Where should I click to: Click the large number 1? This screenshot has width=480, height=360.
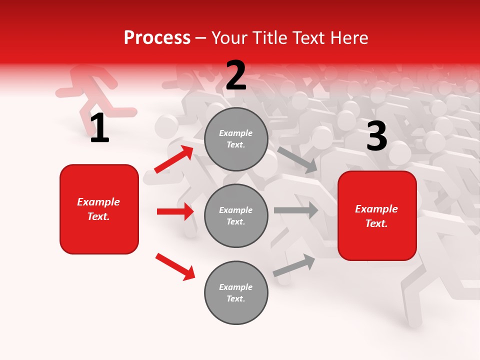(x=99, y=128)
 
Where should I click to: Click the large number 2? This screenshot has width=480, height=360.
(x=236, y=76)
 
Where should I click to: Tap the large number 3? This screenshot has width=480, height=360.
(x=376, y=136)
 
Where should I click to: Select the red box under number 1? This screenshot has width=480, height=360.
(x=99, y=209)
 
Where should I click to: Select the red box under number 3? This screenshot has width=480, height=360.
(x=377, y=215)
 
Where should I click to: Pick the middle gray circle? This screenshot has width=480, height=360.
(x=236, y=215)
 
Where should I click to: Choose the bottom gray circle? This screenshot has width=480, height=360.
(x=236, y=292)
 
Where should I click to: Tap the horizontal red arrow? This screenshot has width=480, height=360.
(x=175, y=211)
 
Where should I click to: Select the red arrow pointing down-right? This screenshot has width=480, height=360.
(x=175, y=266)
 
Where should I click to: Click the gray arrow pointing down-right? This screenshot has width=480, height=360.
(x=298, y=159)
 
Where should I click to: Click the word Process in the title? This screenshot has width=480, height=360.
(x=157, y=38)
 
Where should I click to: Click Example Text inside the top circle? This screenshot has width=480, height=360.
(x=236, y=139)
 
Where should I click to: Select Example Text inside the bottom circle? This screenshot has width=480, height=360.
(x=236, y=293)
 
